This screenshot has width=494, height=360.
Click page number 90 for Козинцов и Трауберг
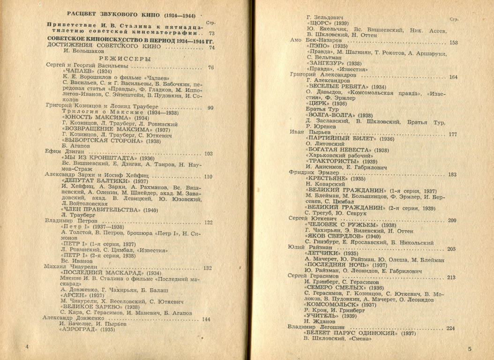[x=210, y=108]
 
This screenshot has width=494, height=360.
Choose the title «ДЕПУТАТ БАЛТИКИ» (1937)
[x=105, y=181]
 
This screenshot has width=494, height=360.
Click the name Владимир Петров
[x=71, y=221]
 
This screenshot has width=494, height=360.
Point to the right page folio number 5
[x=470, y=349]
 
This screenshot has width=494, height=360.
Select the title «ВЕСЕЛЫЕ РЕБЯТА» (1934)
[x=346, y=86]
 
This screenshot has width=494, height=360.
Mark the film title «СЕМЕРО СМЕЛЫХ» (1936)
[x=344, y=288]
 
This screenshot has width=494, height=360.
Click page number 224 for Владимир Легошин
[x=450, y=328]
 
